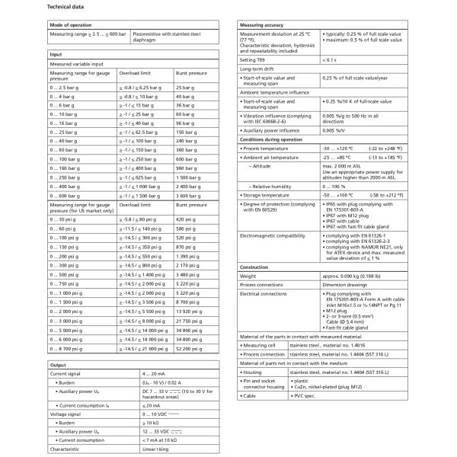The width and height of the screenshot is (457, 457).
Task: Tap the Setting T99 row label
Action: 255,59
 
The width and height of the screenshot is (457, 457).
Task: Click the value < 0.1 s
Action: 329,59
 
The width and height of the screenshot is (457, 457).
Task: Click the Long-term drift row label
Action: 258,69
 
